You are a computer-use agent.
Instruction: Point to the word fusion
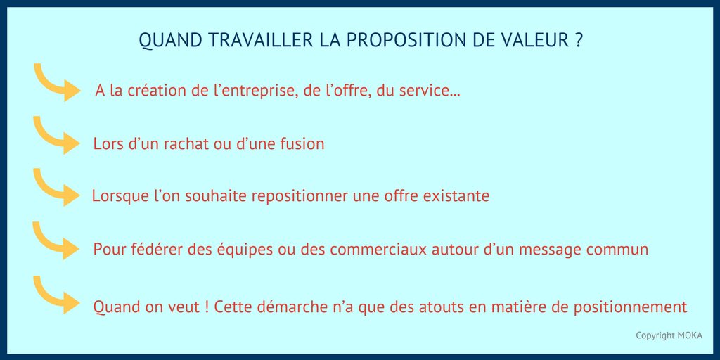tap(300, 144)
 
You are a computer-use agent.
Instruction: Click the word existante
tap(456, 196)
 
